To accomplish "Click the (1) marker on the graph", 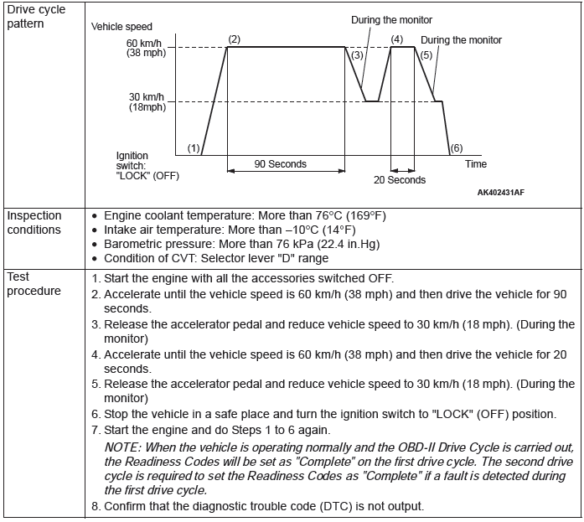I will click(194, 148).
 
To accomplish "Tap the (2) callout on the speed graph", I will click(234, 39).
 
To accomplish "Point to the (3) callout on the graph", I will click(358, 54).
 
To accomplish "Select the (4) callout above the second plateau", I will click(396, 39).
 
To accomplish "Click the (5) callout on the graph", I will click(426, 54).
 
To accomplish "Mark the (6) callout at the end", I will click(456, 148).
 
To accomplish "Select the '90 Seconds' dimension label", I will click(281, 163).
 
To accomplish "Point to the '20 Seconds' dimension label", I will click(400, 180).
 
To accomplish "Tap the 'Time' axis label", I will click(476, 164).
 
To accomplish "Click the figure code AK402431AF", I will click(501, 192).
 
